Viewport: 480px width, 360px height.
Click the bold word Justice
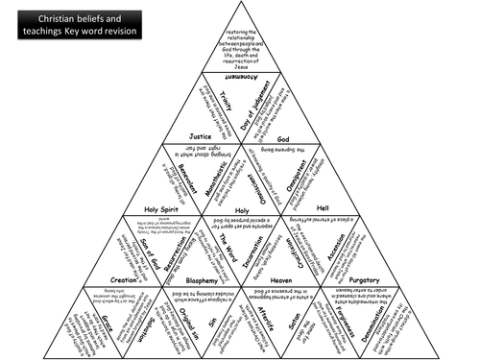[200, 136]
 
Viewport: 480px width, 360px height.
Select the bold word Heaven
[280, 279]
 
